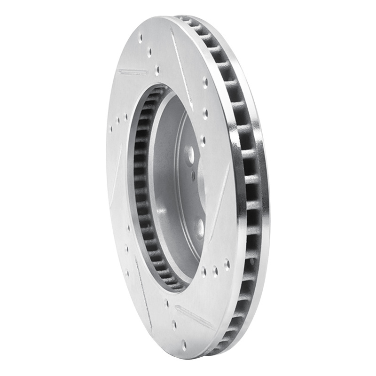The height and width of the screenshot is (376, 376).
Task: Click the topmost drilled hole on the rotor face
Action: click(x=140, y=36)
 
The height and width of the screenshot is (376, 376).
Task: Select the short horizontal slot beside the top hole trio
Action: click(x=133, y=72)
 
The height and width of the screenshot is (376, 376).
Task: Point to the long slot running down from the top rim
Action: click(x=181, y=61)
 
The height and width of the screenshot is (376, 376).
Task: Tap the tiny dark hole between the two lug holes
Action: click(x=193, y=176)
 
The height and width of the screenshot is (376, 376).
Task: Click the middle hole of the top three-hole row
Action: click(x=149, y=52)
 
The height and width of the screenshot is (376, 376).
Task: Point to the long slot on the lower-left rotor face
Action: click(x=143, y=287)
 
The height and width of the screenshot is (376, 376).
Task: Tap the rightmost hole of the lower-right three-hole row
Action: click(x=227, y=265)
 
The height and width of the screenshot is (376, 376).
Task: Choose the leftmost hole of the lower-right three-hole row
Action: click(x=204, y=271)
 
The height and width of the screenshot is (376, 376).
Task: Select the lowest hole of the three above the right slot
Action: click(x=203, y=140)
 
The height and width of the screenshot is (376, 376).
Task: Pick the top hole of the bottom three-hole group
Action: click(x=167, y=304)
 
